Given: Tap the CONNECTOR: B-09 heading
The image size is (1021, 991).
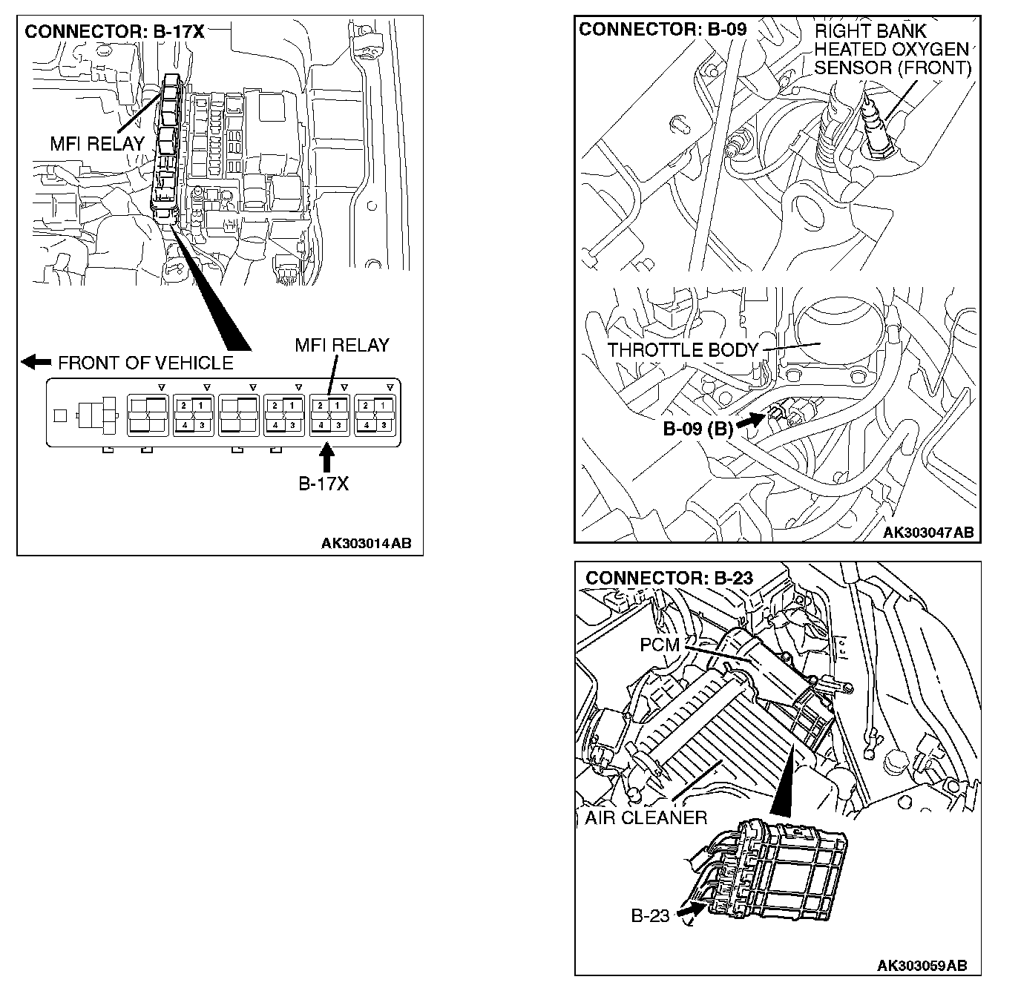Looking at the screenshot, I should (663, 30).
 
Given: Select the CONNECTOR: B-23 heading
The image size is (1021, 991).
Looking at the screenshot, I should (669, 578).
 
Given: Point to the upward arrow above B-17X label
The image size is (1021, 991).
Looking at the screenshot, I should (326, 454).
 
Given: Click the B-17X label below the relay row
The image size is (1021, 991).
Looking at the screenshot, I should (324, 484).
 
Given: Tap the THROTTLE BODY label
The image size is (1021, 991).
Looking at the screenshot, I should (683, 350).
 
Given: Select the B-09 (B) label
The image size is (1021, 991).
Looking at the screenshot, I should (697, 429).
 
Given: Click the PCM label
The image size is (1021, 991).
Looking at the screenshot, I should (659, 645).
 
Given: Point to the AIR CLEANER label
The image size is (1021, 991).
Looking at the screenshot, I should (646, 817).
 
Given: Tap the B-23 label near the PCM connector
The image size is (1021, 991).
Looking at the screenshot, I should (650, 916).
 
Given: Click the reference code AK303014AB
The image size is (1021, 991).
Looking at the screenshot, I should (366, 544).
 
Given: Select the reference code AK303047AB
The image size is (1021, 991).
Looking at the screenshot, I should (928, 533).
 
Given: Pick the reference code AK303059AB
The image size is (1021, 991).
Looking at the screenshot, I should (922, 965).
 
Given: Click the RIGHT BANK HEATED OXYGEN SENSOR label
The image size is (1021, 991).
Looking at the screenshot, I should (892, 50).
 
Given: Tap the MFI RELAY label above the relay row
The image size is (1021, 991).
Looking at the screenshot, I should (341, 345).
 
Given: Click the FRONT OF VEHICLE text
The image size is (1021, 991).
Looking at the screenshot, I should (145, 363).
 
